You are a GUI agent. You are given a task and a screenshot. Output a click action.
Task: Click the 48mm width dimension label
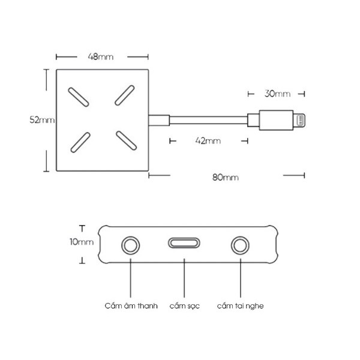(101, 57)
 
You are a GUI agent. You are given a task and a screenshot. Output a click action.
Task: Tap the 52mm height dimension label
(42, 120)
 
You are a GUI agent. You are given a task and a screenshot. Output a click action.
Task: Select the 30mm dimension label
(277, 94)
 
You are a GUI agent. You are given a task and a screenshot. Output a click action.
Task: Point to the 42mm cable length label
(208, 141)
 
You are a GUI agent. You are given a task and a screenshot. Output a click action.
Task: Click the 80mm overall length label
(226, 178)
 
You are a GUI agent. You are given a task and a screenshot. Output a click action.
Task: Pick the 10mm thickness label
(82, 242)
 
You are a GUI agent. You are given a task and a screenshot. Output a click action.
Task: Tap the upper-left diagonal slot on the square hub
(79, 97)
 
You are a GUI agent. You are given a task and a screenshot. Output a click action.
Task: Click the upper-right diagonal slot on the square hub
(125, 95)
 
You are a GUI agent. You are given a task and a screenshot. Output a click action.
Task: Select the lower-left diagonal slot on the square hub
(80, 143)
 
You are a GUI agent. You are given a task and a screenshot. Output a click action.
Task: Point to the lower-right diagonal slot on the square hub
(126, 140)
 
